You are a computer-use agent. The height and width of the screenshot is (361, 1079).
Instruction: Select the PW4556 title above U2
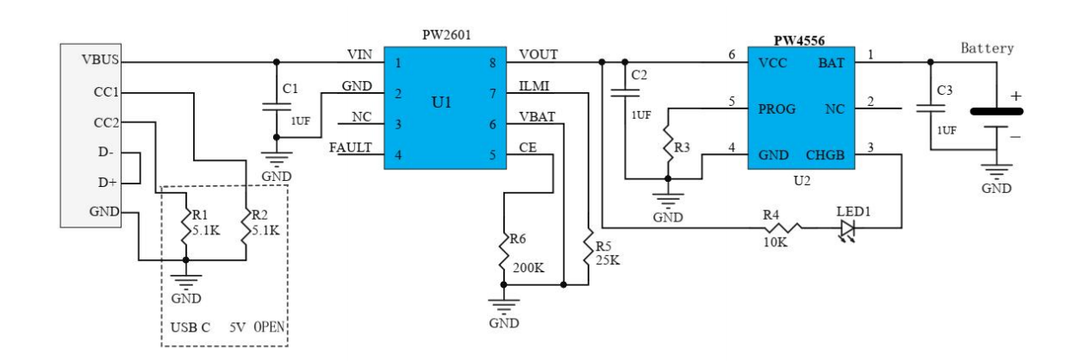coord(799,40)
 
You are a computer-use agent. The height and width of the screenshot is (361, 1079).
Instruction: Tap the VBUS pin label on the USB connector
coord(100,61)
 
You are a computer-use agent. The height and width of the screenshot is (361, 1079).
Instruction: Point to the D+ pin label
coord(107,182)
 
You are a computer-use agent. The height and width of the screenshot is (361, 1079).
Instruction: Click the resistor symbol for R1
coord(185,228)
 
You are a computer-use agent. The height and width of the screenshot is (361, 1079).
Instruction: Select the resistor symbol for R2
coord(246,228)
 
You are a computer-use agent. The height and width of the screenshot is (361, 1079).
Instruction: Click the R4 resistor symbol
coord(782,227)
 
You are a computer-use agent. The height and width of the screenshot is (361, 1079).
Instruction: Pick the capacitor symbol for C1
coord(276,107)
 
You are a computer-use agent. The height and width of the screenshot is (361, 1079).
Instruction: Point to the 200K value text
coord(527,268)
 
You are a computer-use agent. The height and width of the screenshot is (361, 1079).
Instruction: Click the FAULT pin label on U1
coord(350,148)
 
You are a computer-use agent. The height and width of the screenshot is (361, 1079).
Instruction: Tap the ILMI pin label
coord(535,86)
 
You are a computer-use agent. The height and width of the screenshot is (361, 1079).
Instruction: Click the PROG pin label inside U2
coord(776,109)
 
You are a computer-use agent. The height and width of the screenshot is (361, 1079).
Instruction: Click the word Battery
coord(988,48)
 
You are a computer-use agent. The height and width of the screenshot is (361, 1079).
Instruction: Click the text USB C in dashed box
coord(190,328)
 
